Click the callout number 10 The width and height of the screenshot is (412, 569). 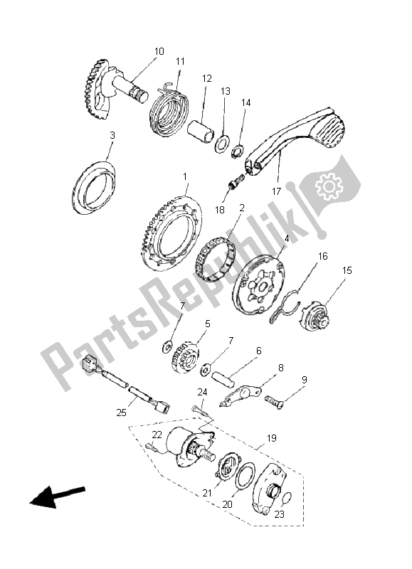tap(159, 51)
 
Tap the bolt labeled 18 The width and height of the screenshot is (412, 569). tap(236, 181)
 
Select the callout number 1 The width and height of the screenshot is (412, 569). tap(185, 176)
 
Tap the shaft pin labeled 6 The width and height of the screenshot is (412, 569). tap(223, 379)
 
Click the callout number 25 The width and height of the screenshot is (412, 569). tap(122, 413)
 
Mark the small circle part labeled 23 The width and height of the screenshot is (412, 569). tap(286, 499)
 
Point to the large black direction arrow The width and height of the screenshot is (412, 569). tap(57, 496)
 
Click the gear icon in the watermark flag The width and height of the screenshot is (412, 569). tap(329, 186)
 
